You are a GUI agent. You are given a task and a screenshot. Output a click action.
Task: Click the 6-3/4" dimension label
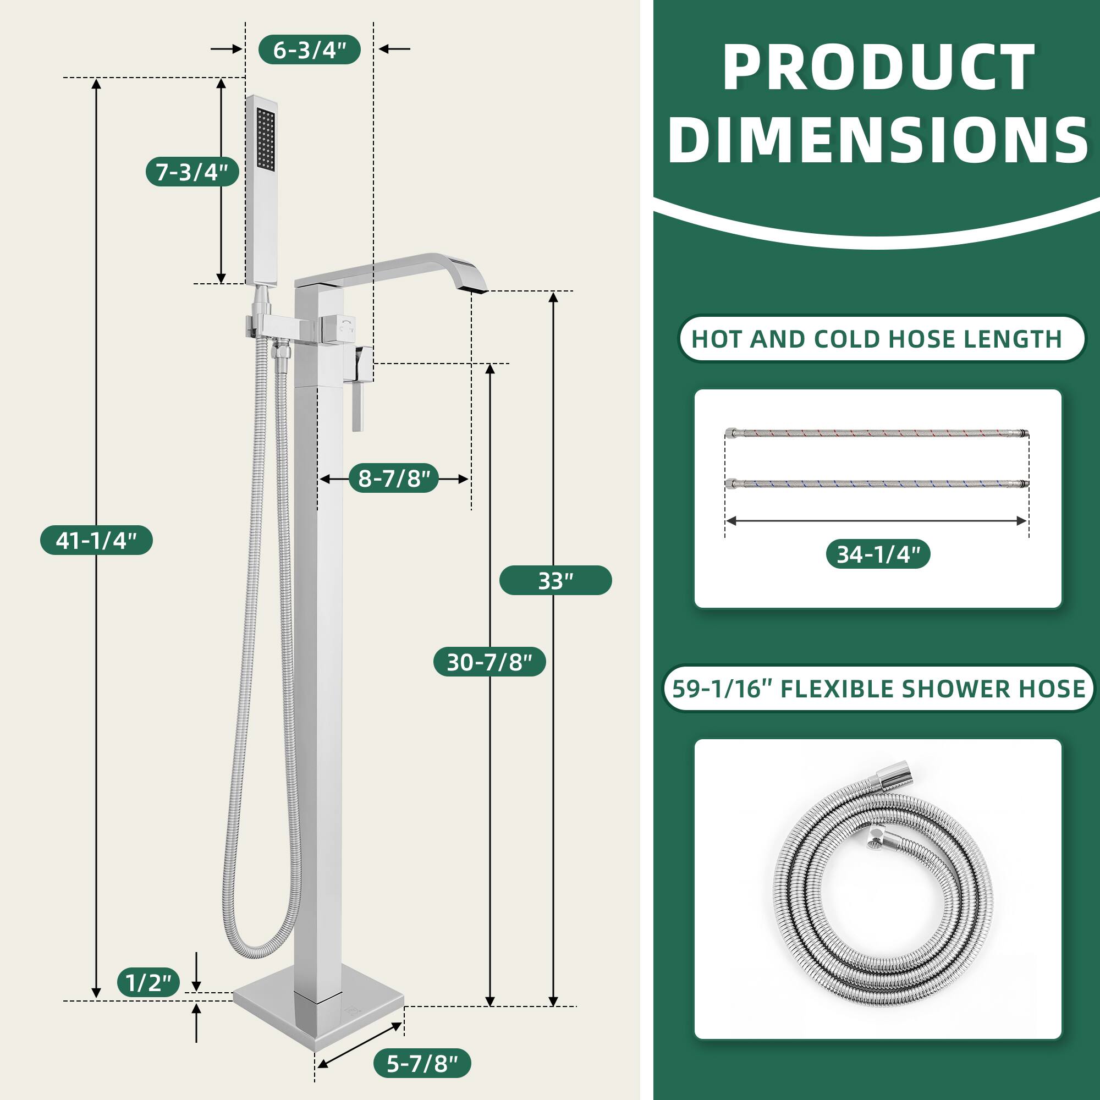[x=309, y=50]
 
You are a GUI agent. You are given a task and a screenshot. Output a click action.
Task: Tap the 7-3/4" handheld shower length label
[x=192, y=172]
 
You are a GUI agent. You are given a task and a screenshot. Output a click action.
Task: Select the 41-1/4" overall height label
[x=96, y=540]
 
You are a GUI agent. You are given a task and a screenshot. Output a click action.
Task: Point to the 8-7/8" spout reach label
[x=393, y=479]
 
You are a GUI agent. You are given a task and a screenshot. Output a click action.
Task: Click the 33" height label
[x=555, y=581]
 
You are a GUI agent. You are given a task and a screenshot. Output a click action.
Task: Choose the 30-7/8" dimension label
[x=489, y=662]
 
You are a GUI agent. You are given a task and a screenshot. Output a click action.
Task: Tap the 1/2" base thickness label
[x=148, y=983]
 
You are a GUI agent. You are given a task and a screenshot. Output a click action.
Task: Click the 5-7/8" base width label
[x=422, y=1063]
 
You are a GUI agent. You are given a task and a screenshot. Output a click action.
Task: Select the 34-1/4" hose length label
[x=878, y=554]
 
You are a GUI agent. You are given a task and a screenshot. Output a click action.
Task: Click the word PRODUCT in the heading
[x=877, y=68]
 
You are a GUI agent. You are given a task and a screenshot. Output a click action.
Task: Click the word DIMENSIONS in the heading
[x=877, y=141]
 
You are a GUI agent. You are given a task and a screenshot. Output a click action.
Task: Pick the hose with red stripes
[x=877, y=434]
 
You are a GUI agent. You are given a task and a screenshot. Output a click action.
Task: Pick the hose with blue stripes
[x=877, y=483]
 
